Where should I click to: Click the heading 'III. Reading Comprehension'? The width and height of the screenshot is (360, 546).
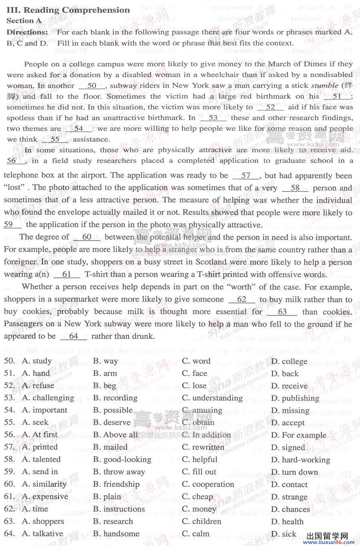pyautogui.click(x=68, y=10)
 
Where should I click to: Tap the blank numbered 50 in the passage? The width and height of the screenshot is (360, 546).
pyautogui.click(x=92, y=86)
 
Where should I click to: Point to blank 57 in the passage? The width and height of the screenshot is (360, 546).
pyautogui.click(x=246, y=176)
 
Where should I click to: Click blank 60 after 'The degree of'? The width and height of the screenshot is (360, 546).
pyautogui.click(x=86, y=237)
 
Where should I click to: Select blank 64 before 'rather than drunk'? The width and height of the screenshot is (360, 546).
pyautogui.click(x=73, y=336)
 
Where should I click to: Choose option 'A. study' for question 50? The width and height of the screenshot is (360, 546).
pyautogui.click(x=37, y=361)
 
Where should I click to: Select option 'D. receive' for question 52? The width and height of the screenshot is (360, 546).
pyautogui.click(x=289, y=386)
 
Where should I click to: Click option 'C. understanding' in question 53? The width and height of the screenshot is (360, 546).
pyautogui.click(x=212, y=398)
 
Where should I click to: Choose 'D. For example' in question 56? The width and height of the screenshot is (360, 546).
pyautogui.click(x=298, y=435)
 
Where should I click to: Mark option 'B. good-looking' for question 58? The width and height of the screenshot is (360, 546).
pyautogui.click(x=122, y=460)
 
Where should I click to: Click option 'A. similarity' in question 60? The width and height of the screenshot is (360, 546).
pyautogui.click(x=44, y=484)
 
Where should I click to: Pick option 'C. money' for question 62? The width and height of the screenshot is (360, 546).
pyautogui.click(x=199, y=509)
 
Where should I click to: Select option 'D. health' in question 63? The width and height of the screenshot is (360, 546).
pyautogui.click(x=287, y=522)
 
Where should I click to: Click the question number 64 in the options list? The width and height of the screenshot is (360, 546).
pyautogui.click(x=10, y=534)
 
